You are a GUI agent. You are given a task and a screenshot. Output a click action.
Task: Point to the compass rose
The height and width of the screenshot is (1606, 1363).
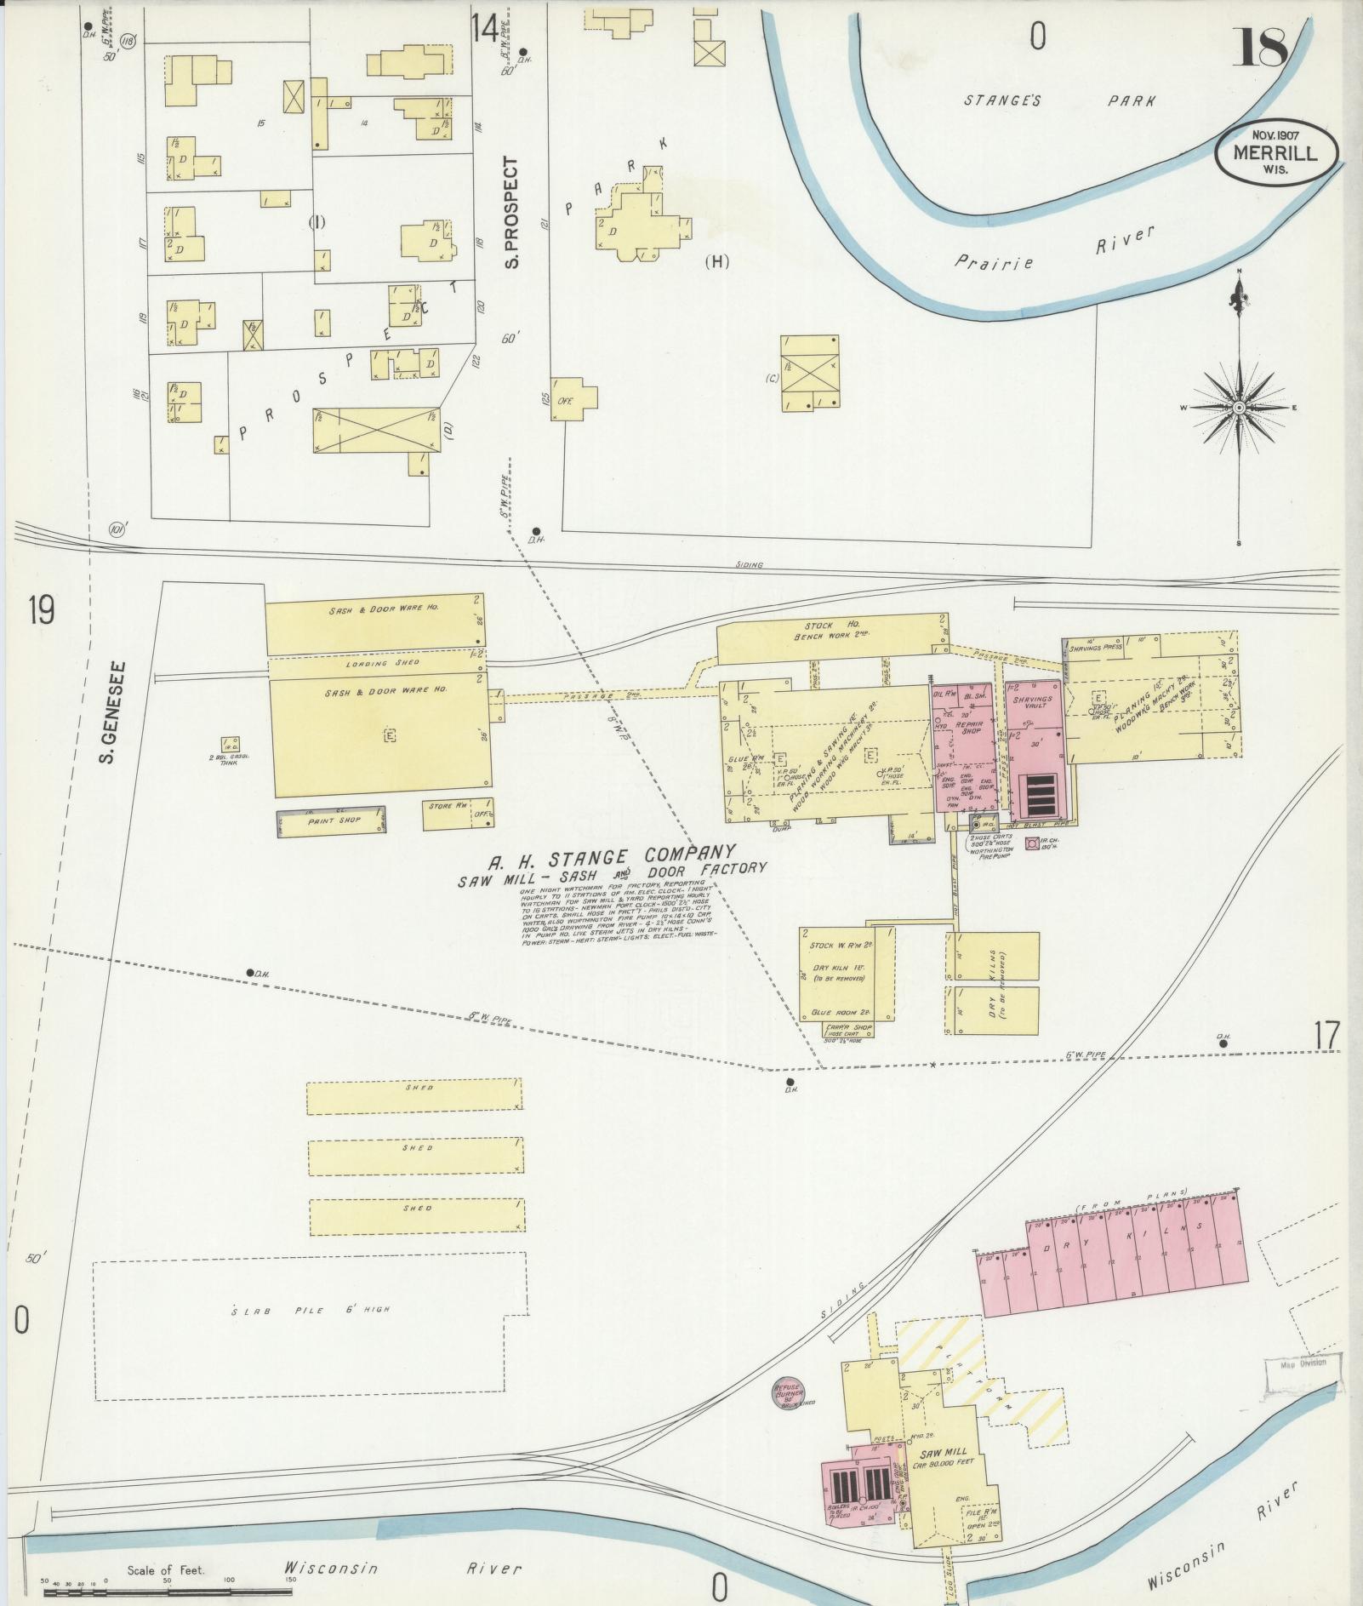tap(1239, 408)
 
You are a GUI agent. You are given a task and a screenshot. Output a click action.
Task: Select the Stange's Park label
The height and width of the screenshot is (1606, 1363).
tap(1059, 100)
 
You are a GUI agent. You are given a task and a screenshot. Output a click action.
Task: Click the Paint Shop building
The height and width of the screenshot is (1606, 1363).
tap(331, 820)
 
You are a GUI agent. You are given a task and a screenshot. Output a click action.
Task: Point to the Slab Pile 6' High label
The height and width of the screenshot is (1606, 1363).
tap(311, 1310)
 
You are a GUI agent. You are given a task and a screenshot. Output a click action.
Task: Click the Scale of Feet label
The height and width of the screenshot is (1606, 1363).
tap(166, 1570)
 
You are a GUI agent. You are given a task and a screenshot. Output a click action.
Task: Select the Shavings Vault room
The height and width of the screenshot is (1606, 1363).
tap(1032, 703)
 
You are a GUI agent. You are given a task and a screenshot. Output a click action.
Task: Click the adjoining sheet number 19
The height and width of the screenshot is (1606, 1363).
tap(40, 609)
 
